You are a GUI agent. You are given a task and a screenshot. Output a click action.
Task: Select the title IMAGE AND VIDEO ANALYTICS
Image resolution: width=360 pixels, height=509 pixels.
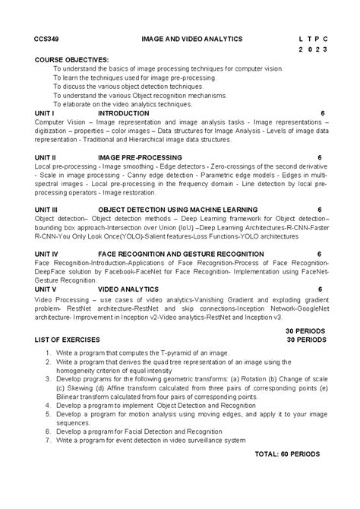coord(191,37)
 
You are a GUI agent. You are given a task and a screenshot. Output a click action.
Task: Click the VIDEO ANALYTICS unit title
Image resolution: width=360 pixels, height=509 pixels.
coord(128,289)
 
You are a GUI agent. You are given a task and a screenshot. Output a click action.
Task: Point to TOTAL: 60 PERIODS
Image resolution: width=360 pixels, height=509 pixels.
coord(287,454)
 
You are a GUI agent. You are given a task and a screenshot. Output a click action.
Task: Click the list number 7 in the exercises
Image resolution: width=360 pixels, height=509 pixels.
coord(47,439)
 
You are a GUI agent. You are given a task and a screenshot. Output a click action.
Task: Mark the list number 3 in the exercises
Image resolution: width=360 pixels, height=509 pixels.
coord(47,377)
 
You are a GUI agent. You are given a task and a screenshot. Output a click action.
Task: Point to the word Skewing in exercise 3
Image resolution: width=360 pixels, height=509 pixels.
coord(79,385)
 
